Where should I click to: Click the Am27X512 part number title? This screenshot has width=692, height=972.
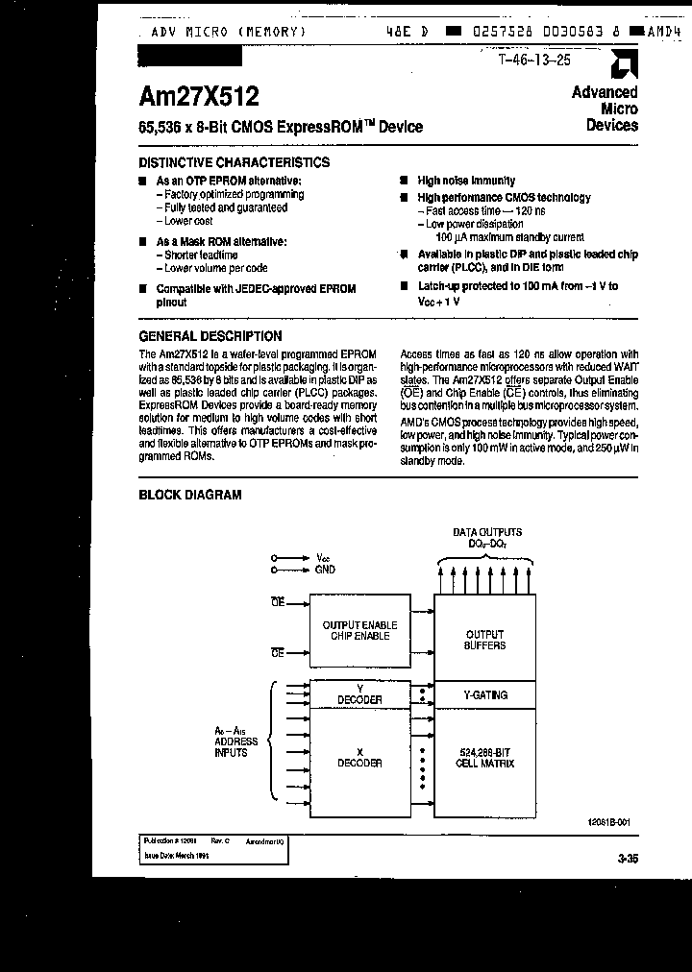198,96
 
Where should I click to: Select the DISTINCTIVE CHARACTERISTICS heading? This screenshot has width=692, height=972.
235,162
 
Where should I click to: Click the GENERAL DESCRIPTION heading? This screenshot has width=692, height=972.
210,336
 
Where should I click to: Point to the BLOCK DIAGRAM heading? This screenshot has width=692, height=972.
190,495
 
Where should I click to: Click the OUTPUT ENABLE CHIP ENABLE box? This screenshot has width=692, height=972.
359,630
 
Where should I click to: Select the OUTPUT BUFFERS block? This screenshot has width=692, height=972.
484,640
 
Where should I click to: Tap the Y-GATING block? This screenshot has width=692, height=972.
484,694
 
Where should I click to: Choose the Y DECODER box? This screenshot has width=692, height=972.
359,693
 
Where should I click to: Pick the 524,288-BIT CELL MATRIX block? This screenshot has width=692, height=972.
484,757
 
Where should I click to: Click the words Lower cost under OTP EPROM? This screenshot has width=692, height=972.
187,221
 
